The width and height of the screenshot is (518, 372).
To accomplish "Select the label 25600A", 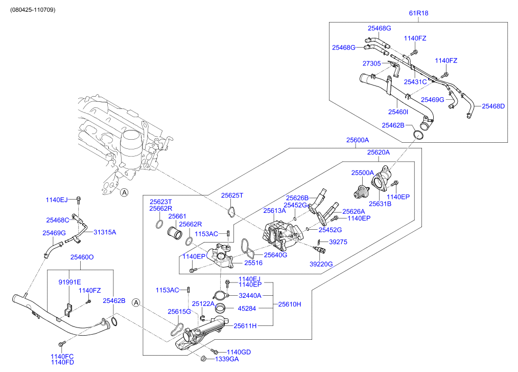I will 357,140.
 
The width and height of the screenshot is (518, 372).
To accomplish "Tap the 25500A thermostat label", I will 362,173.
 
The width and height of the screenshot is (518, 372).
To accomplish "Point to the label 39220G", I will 321,264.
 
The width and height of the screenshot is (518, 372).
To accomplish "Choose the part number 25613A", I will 274,210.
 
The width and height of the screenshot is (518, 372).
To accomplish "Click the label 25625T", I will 232,195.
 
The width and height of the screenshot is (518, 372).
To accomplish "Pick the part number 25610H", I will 290,304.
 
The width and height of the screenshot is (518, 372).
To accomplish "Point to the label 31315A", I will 104,232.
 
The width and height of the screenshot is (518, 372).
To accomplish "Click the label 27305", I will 372,64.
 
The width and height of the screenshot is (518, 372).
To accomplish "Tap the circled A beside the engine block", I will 123,192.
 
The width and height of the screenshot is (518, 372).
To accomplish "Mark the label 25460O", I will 82,257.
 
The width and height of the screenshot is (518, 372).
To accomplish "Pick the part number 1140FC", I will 62,356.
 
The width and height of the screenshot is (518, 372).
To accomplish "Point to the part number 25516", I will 253,263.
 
